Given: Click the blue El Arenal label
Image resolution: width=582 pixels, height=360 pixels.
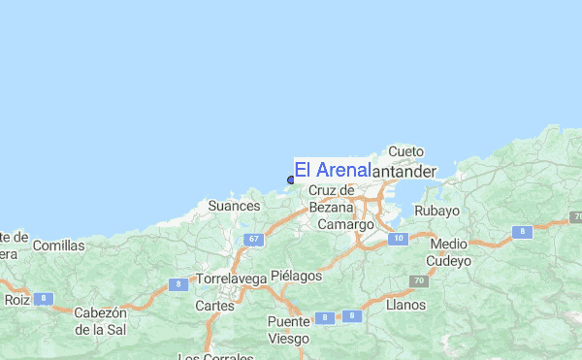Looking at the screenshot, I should [x=332, y=170].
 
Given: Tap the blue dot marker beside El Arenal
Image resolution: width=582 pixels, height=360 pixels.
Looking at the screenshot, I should [x=291, y=179].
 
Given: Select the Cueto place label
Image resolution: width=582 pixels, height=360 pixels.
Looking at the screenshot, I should [x=406, y=151].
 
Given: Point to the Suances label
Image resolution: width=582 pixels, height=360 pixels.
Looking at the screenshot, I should [x=235, y=207].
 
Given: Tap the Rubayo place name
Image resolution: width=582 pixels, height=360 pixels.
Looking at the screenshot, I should [x=436, y=211].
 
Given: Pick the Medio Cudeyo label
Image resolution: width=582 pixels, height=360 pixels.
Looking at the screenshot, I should [x=449, y=252].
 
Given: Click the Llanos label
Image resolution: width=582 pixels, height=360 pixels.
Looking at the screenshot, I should [x=405, y=305].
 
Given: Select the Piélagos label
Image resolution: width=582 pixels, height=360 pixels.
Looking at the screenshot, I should [x=296, y=276].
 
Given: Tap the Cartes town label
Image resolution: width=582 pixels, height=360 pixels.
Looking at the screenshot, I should [x=214, y=305].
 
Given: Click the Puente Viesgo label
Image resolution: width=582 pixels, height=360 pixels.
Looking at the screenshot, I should [x=289, y=330].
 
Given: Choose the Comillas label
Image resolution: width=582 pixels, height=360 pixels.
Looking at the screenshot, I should [x=58, y=245].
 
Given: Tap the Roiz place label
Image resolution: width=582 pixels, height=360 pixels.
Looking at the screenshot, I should [x=16, y=300].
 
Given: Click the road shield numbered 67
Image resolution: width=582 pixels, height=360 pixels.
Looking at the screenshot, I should [x=253, y=240].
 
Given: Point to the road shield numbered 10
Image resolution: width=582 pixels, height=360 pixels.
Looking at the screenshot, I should [x=398, y=238].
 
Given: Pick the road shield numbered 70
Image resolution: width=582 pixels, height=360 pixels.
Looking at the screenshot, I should [x=419, y=281].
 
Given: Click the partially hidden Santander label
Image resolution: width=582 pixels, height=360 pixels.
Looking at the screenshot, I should [x=404, y=171].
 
